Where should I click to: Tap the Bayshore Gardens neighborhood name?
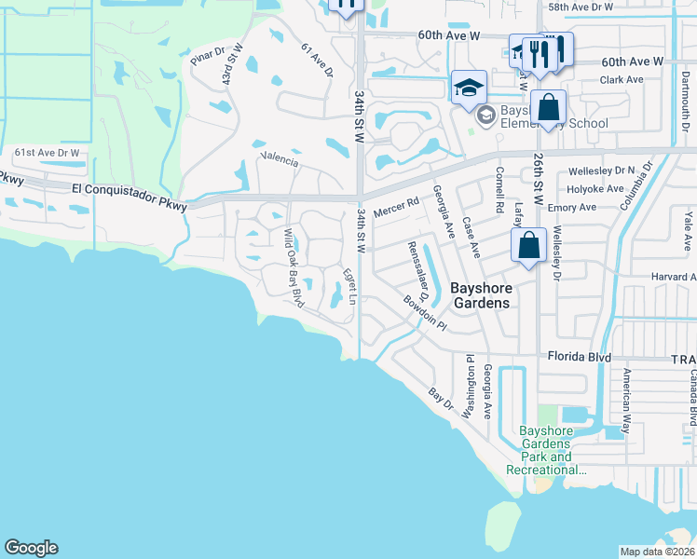coord(480,295)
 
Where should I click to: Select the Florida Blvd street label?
coord(578,357)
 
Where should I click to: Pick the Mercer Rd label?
coord(396,213)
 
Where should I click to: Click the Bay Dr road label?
coord(441,402)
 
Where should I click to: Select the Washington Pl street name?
coord(471,384)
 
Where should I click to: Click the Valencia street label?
coord(280,159)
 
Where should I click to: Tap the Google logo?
coord(31,548)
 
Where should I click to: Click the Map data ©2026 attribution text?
coord(658,552)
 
